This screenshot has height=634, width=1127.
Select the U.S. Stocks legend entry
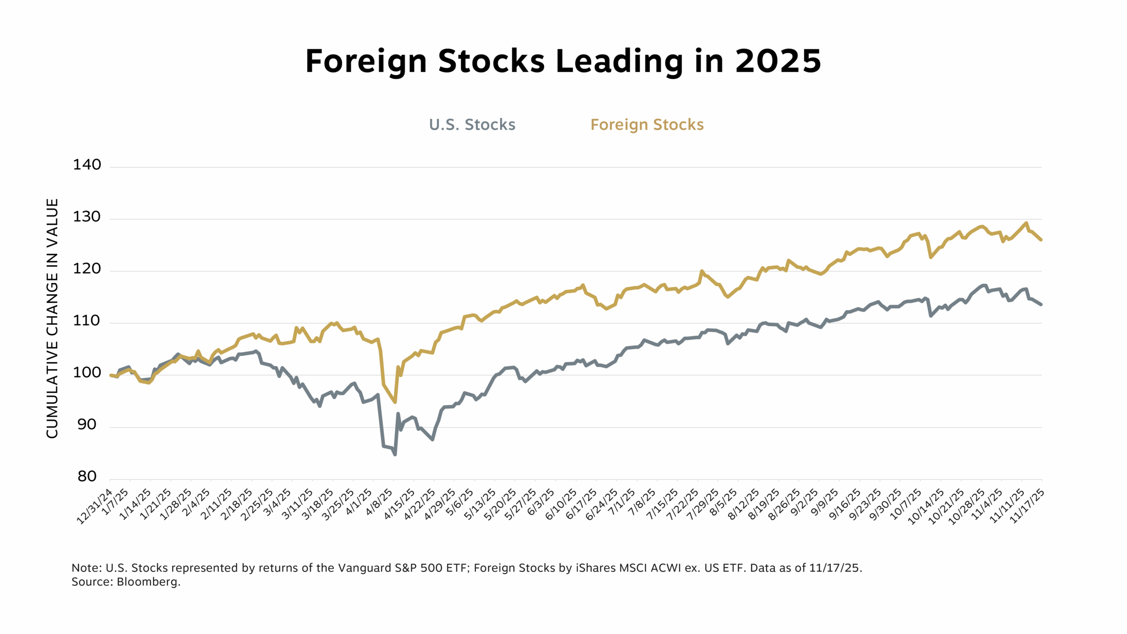[472, 125]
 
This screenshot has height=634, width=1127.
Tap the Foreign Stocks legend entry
[647, 125]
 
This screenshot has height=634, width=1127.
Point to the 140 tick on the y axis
[87, 165]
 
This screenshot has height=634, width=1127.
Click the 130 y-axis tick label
[87, 217]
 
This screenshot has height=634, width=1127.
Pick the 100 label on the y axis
[87, 373]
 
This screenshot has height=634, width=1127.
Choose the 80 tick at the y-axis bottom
[87, 477]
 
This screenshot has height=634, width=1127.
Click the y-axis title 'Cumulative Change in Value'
[52, 318]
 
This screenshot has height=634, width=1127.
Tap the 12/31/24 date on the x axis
[95, 506]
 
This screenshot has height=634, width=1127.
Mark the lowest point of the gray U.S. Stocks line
[395, 454]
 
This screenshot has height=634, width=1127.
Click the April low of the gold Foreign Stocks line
[395, 402]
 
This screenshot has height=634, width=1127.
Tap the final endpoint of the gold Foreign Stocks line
[1041, 240]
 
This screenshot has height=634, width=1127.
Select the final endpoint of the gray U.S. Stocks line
[1041, 304]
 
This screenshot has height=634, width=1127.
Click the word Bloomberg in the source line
[148, 582]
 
